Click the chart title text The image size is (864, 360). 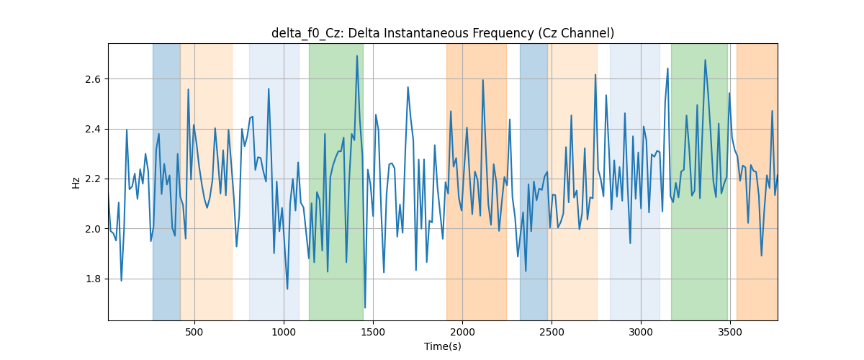coord(442,33)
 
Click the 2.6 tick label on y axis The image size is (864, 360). coord(93,79)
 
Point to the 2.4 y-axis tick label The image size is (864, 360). coord(93,129)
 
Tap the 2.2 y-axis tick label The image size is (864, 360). coord(93,179)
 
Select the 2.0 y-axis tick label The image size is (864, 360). coord(93,229)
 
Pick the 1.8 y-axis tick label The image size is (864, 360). coord(93,279)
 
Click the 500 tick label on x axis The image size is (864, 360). coord(194,332)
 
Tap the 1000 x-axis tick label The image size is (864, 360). coord(284,332)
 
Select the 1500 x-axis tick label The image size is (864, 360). coord(373,332)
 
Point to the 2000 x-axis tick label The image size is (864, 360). coord(462,332)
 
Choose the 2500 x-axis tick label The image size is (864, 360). coord(552,332)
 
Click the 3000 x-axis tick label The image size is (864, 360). coord(641,332)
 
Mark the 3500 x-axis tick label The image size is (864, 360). coord(730,332)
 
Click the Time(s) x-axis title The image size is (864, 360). coord(442,346)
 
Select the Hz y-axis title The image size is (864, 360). coord(76,183)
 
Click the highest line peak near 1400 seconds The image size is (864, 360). coord(357,55)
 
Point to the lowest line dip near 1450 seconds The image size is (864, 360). coord(365,307)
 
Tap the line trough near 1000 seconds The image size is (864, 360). coord(287,289)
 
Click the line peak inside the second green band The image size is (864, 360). coord(705,60)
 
